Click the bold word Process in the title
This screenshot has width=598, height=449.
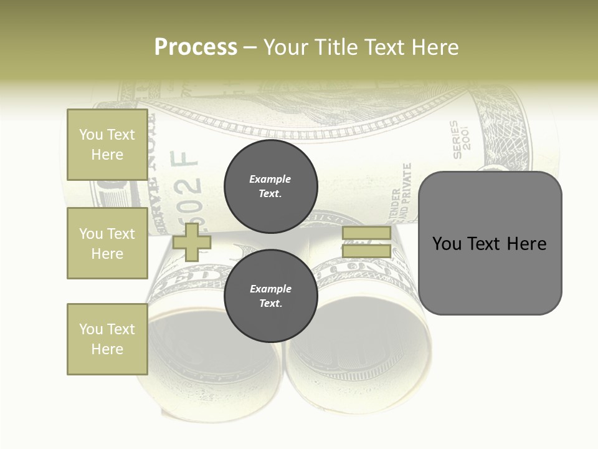point(196,47)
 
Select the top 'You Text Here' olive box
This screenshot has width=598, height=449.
point(107,145)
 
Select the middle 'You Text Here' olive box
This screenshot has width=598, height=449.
point(107,243)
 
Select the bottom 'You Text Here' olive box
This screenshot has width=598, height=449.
point(107,339)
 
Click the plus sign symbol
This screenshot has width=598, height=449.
point(192,242)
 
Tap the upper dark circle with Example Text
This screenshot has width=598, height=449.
point(270,186)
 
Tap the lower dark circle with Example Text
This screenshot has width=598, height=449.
point(270,296)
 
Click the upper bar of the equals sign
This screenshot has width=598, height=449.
point(366,233)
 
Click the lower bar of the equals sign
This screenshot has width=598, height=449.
point(366,251)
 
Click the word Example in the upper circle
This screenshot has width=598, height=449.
point(270,179)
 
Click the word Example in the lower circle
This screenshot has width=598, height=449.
point(270,289)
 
